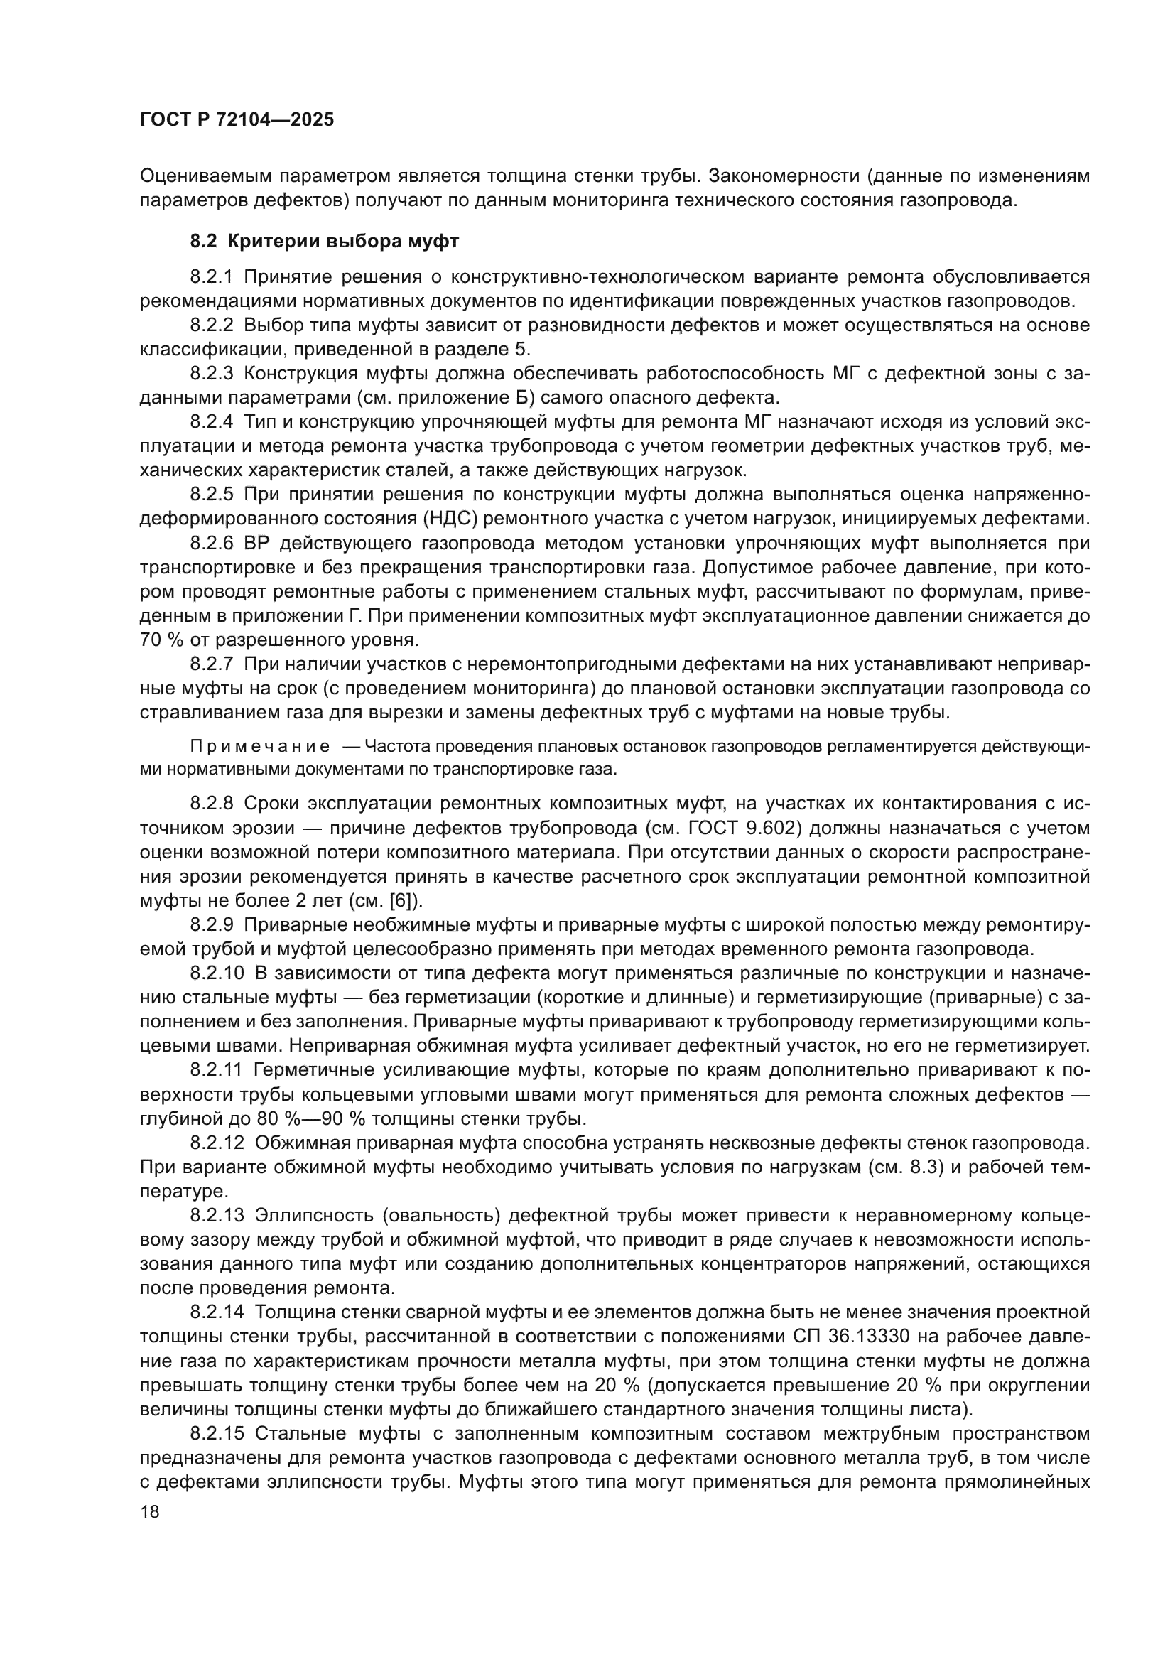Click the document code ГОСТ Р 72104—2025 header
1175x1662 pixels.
[237, 120]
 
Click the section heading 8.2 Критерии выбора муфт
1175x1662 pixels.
[324, 241]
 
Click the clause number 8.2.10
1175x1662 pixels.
[217, 973]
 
